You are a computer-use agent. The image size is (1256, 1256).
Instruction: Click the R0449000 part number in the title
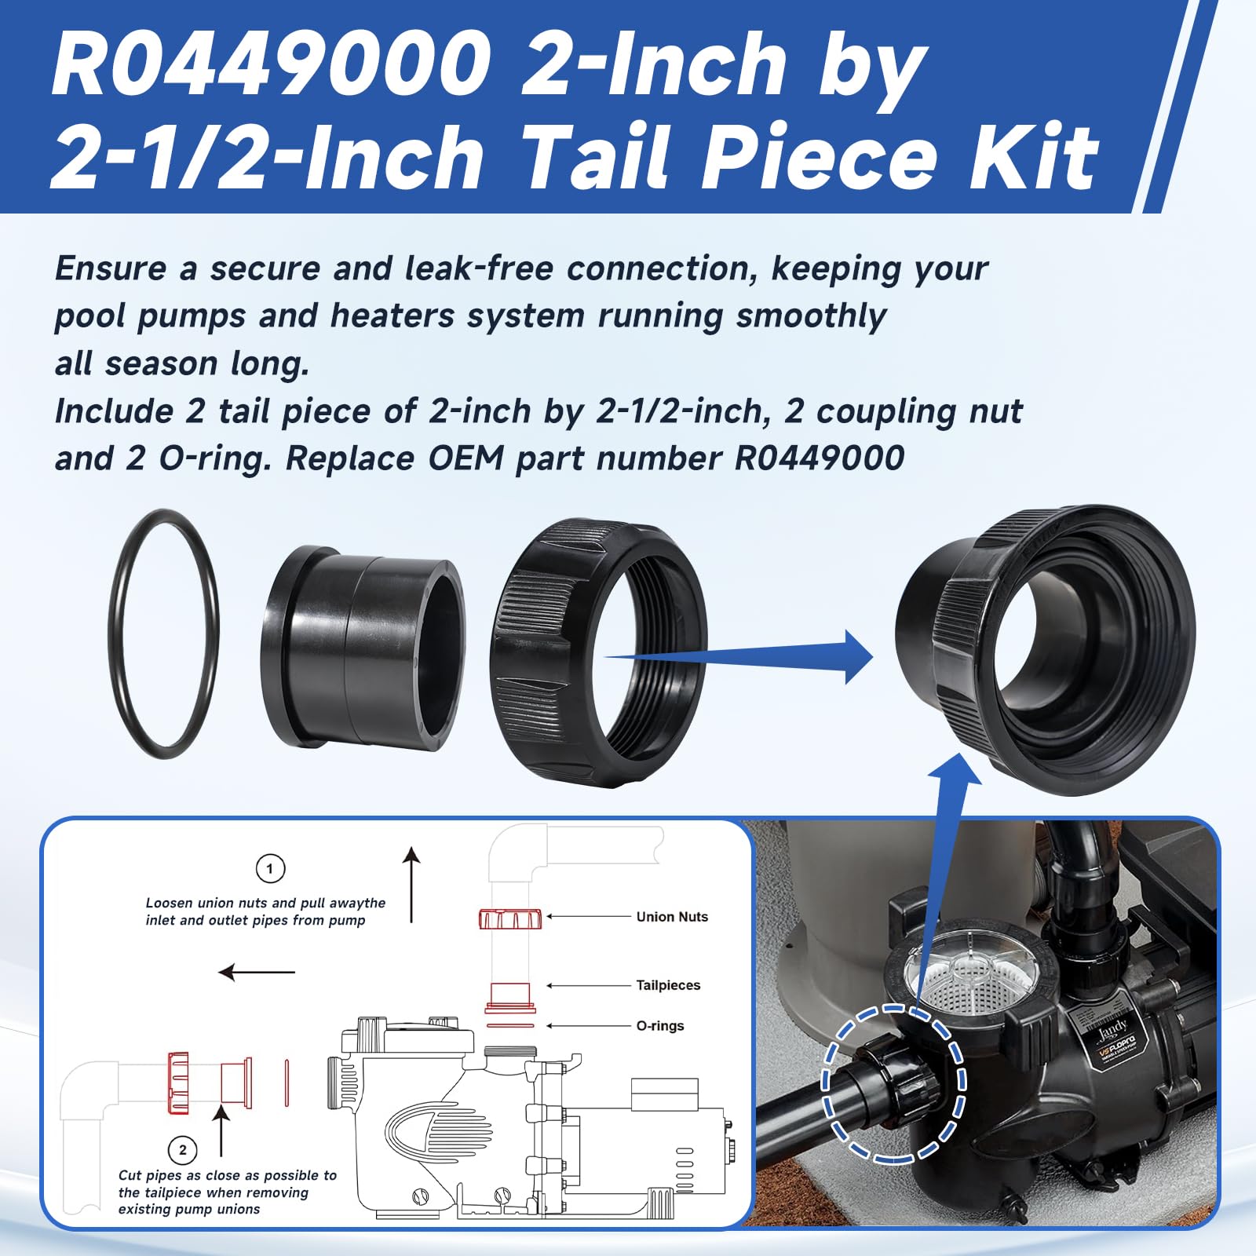point(271,64)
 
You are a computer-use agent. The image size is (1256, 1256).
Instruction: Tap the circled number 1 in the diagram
point(270,869)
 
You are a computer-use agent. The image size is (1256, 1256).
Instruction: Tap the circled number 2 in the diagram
point(183,1150)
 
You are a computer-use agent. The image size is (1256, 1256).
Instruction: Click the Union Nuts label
point(672,917)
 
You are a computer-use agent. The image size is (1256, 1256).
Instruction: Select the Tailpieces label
point(668,985)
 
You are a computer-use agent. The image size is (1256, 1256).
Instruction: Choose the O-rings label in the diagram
point(660,1026)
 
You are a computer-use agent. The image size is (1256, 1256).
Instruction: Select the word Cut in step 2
point(130,1175)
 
